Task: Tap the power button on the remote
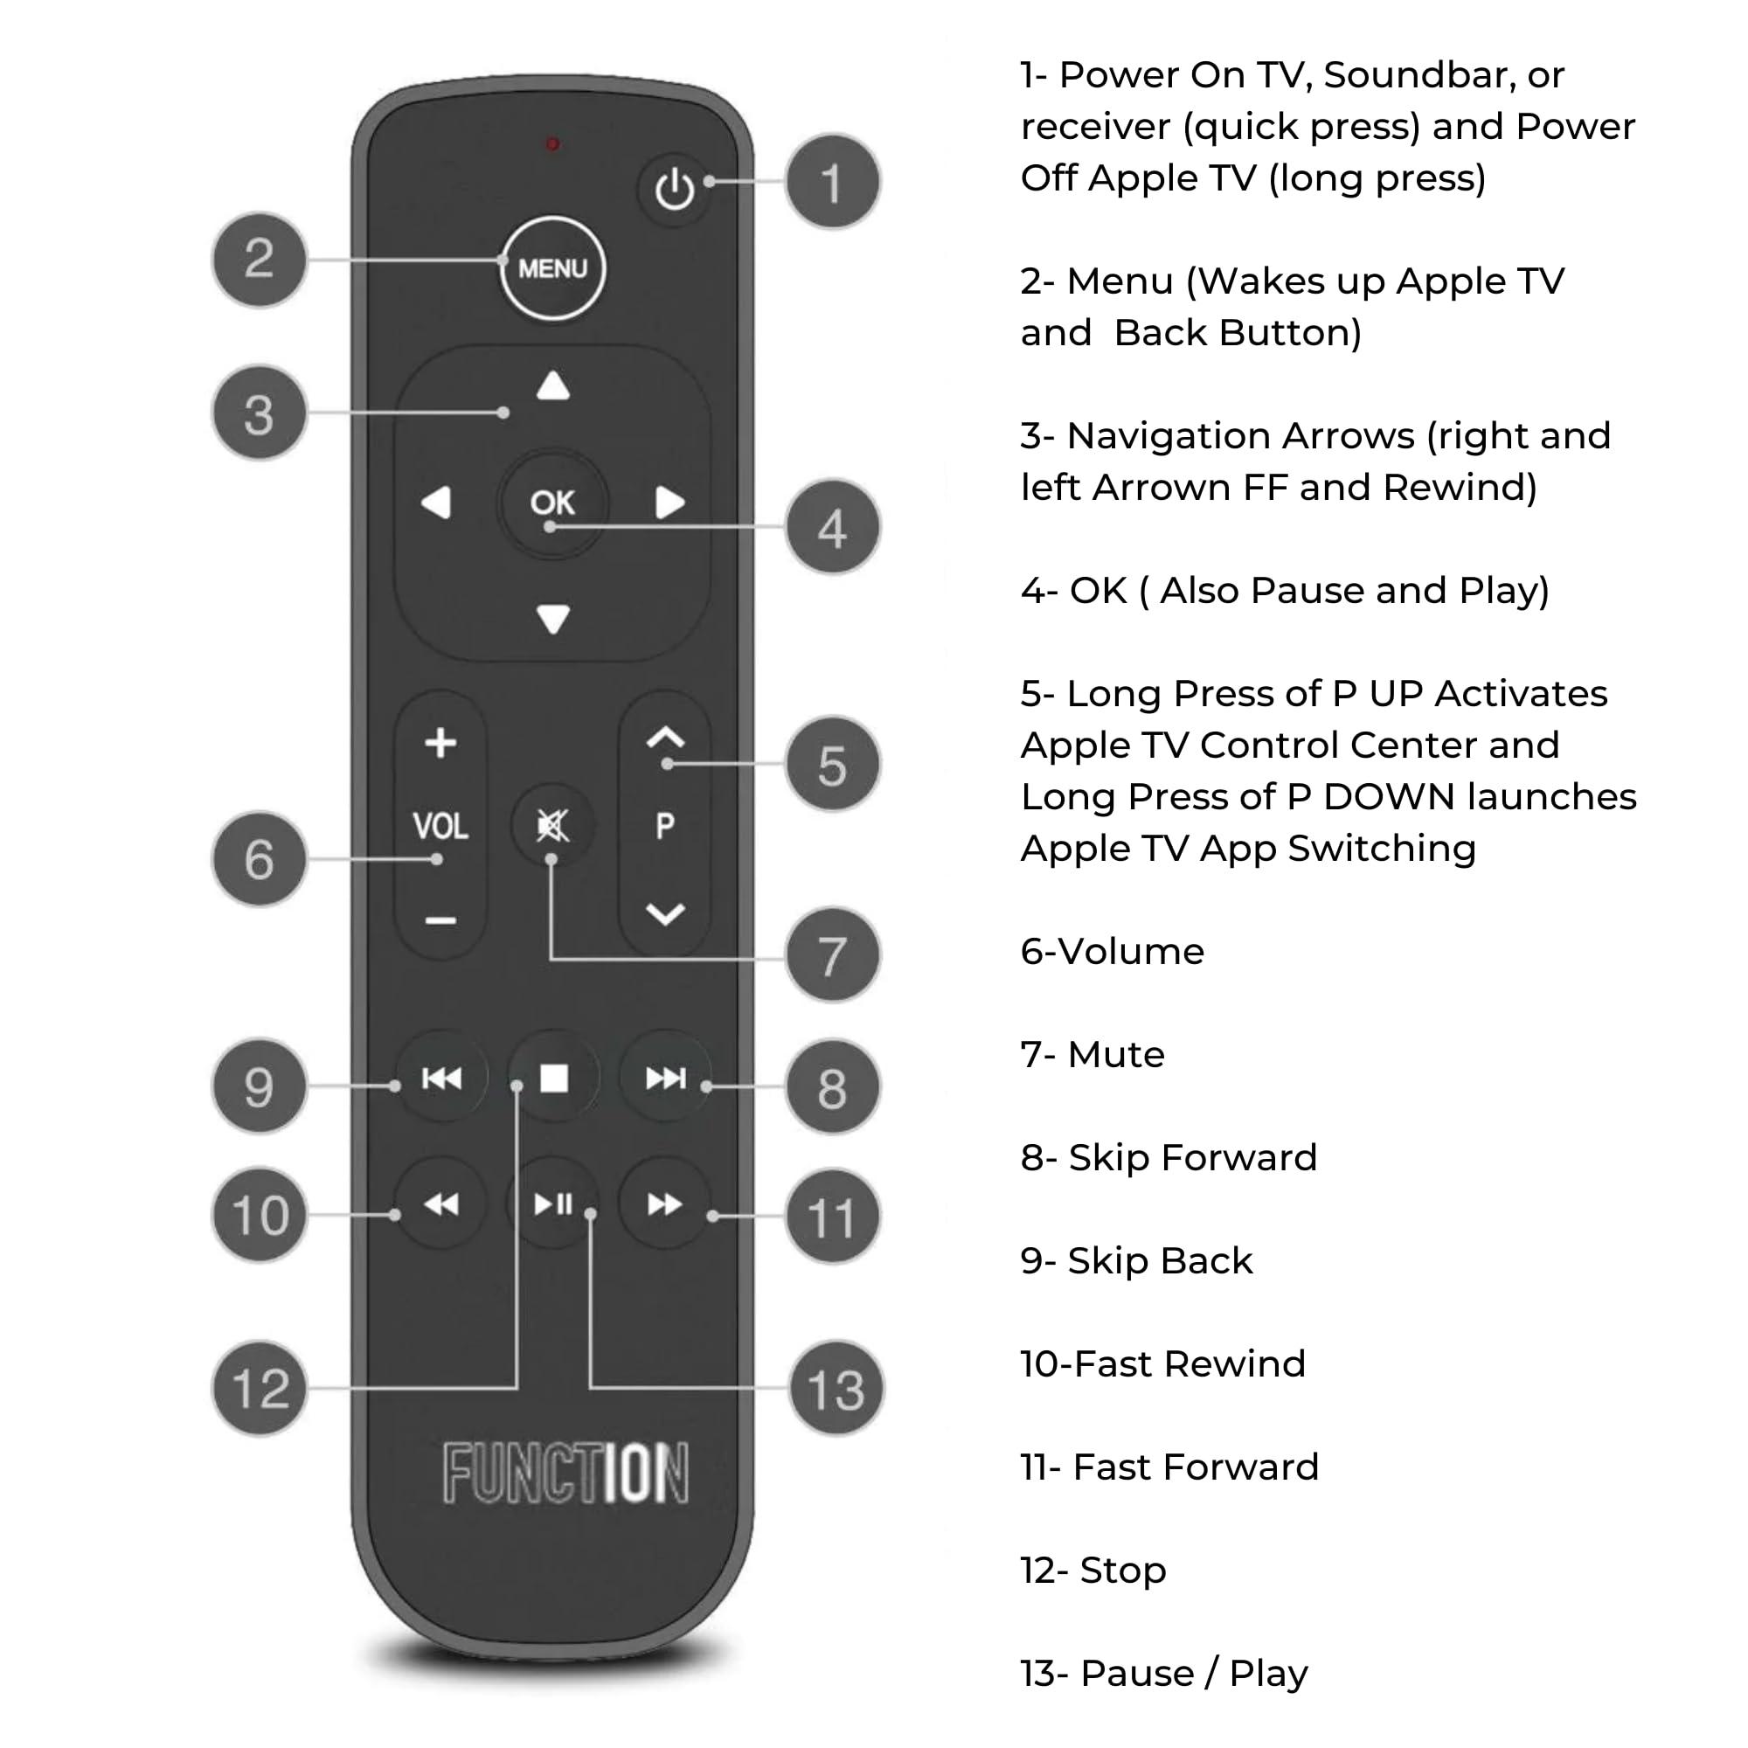(674, 189)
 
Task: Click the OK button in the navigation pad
(551, 503)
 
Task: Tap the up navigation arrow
(553, 386)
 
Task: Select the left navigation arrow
(437, 503)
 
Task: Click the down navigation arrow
(553, 619)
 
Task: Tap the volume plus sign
(440, 743)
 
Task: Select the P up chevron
(665, 738)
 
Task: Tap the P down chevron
(665, 914)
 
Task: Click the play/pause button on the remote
(553, 1204)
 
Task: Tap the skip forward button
(665, 1078)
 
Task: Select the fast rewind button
(441, 1204)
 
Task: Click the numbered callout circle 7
(832, 955)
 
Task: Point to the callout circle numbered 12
(260, 1388)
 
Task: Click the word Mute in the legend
(1115, 1055)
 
